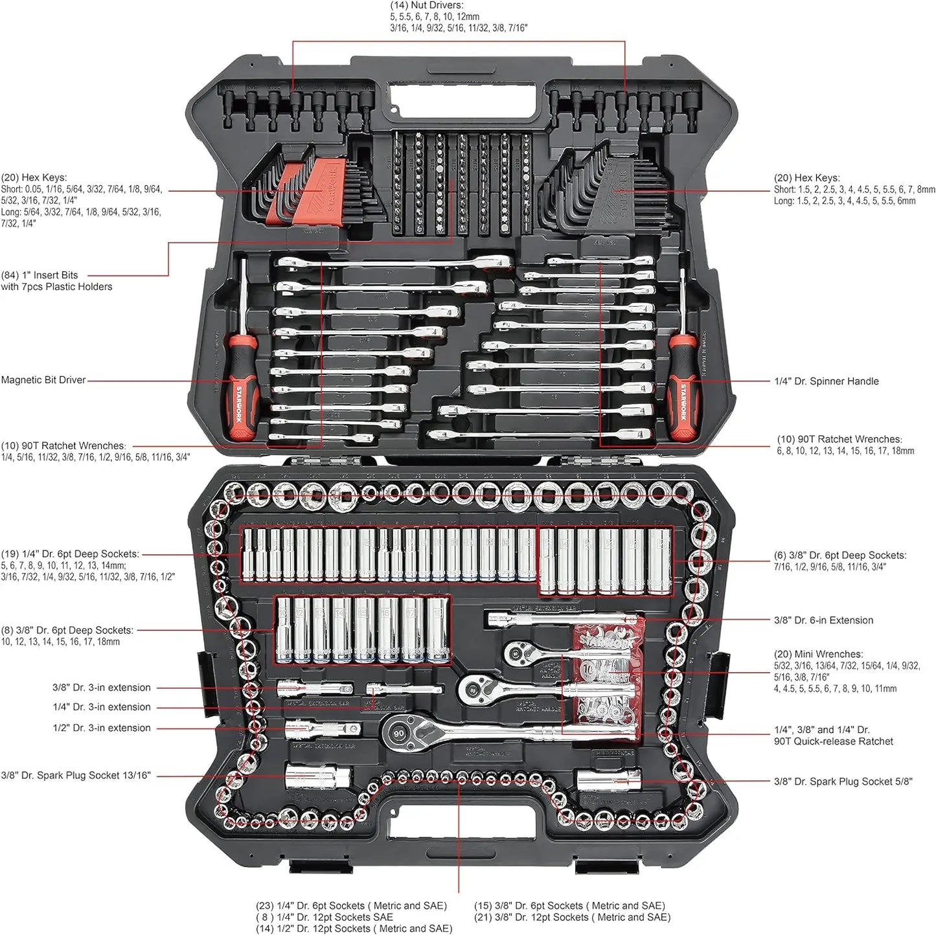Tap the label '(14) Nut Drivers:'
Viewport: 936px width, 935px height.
(x=426, y=5)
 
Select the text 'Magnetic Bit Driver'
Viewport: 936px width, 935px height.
(x=43, y=380)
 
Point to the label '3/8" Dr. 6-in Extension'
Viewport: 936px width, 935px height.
(x=823, y=620)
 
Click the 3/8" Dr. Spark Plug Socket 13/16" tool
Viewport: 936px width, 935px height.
(x=317, y=776)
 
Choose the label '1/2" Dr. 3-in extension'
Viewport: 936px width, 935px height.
(x=102, y=728)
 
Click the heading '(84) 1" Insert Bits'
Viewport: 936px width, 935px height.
(x=40, y=275)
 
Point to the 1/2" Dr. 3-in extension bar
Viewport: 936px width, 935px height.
(x=322, y=730)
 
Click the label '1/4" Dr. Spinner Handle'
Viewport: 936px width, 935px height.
(x=827, y=381)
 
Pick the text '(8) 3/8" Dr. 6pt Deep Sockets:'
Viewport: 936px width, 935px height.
(x=67, y=630)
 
